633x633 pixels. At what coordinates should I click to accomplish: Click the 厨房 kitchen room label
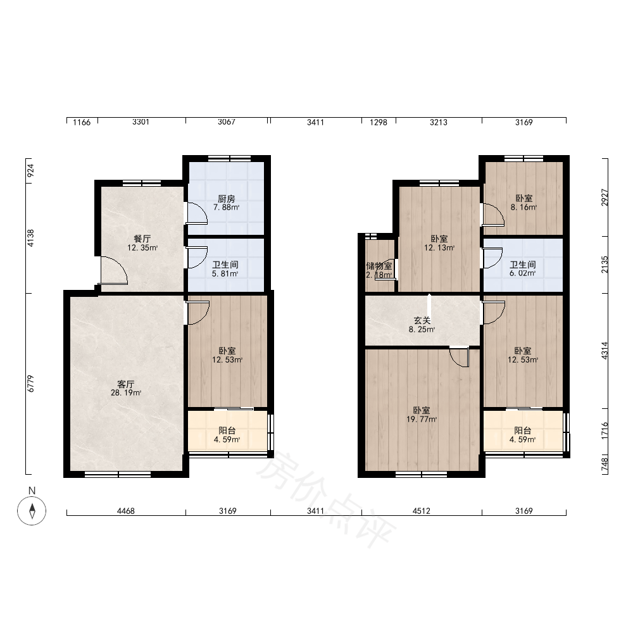click(226, 199)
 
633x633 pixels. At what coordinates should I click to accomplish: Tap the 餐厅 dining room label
click(142, 239)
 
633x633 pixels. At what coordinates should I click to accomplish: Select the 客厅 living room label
click(125, 384)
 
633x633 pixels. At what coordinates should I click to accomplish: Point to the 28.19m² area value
click(126, 393)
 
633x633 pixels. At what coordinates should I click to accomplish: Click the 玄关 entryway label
click(422, 320)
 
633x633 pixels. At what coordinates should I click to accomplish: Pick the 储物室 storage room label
click(379, 266)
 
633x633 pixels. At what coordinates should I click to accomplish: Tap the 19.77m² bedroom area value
click(422, 420)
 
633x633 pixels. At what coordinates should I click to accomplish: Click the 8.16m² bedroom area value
click(523, 208)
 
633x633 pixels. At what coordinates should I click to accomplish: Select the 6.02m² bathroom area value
click(522, 273)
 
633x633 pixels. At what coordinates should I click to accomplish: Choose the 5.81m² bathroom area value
click(225, 273)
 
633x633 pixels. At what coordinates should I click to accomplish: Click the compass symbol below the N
click(32, 511)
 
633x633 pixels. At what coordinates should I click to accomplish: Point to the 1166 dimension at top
click(82, 122)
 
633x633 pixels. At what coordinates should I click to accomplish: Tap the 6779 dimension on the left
click(30, 384)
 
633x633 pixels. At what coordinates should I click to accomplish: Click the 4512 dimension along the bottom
click(421, 511)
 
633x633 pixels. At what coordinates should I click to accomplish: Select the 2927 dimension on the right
click(605, 197)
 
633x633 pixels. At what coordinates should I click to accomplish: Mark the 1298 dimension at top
click(379, 122)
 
